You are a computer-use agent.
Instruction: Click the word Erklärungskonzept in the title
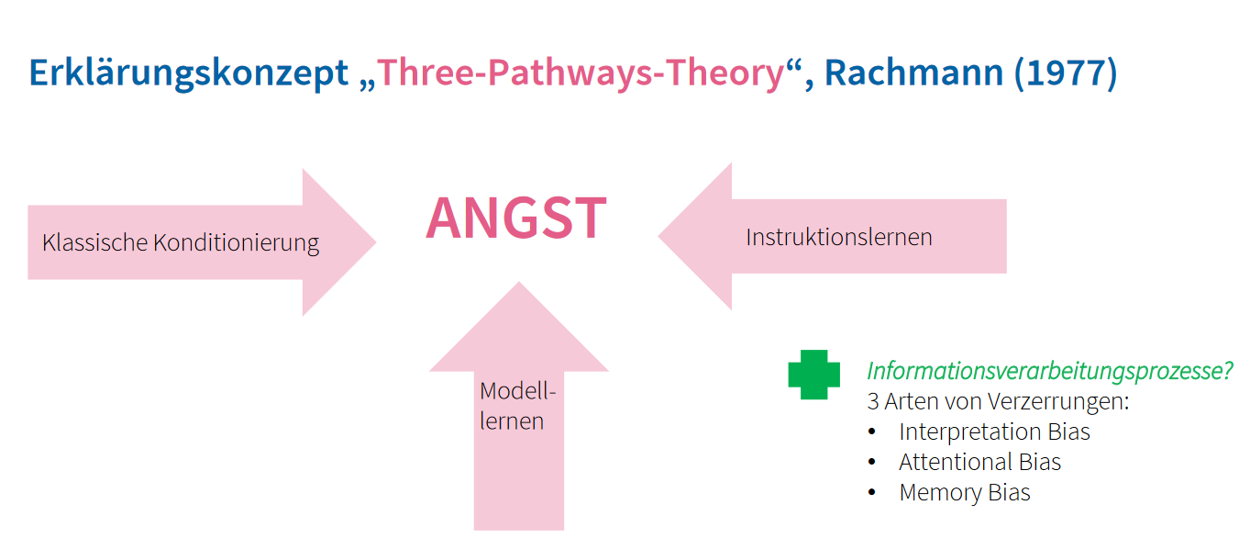click(189, 73)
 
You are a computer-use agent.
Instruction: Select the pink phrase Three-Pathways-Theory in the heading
click(581, 73)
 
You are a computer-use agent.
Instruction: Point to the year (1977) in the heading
click(1066, 73)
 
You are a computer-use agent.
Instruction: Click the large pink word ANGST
click(515, 219)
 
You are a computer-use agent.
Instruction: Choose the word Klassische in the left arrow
click(94, 243)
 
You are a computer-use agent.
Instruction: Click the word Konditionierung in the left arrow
click(236, 243)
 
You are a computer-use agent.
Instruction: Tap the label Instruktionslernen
click(838, 237)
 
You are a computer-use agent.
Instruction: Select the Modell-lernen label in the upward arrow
click(518, 406)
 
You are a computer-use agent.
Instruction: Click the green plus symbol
click(813, 375)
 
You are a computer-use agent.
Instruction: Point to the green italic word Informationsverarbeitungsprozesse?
click(1049, 372)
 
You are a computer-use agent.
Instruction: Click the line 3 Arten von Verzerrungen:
click(998, 402)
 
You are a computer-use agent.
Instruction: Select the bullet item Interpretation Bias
click(994, 432)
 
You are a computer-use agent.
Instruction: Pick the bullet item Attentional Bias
click(979, 462)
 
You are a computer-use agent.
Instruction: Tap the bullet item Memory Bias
click(965, 492)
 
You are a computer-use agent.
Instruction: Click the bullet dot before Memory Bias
click(871, 493)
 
